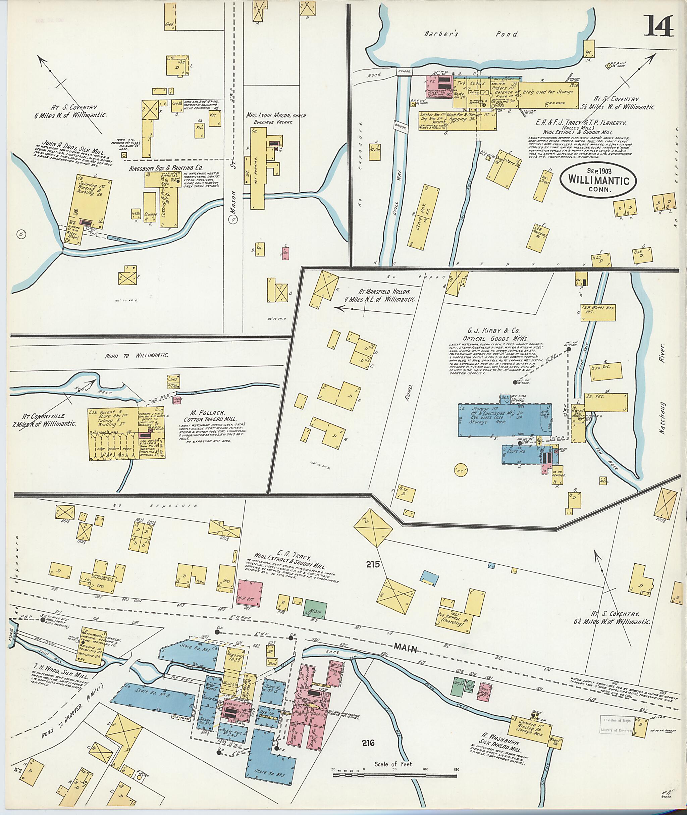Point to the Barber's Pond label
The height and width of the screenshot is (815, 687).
tap(471, 34)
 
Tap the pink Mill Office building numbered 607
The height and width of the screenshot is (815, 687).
tap(249, 593)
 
